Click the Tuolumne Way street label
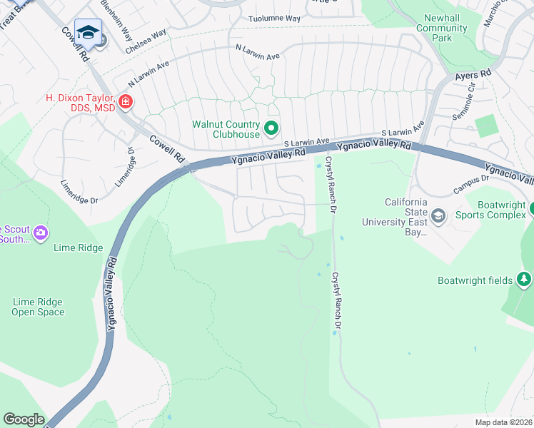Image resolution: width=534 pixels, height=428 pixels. (x=274, y=19)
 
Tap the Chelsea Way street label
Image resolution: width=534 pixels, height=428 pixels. (x=145, y=41)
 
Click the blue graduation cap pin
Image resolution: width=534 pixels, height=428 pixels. (x=88, y=31)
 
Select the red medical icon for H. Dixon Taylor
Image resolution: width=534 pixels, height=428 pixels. (x=126, y=101)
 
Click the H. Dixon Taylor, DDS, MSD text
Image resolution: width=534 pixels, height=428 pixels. (x=80, y=103)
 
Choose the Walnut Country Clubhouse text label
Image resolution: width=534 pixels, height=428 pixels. (x=225, y=129)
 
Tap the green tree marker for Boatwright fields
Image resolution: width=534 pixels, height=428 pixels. (x=524, y=279)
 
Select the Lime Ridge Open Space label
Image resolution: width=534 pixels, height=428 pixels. (x=38, y=307)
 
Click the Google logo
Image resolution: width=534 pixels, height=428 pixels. (x=24, y=419)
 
